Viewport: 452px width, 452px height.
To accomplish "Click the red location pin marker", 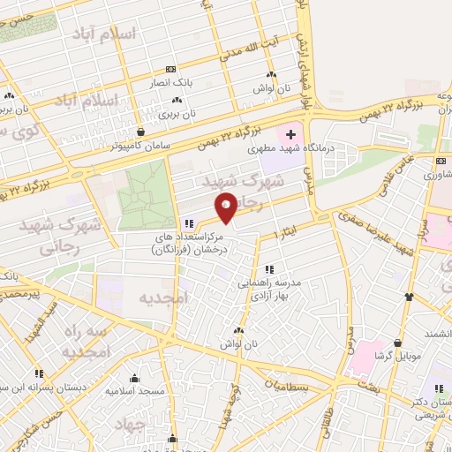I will coord(227,208).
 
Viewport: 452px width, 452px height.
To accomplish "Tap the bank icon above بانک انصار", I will coord(169,69).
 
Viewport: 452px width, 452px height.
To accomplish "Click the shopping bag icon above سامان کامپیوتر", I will coord(131,132).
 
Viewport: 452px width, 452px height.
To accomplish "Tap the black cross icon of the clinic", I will coord(290,134).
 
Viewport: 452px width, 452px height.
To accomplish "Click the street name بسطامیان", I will coord(288,385).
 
